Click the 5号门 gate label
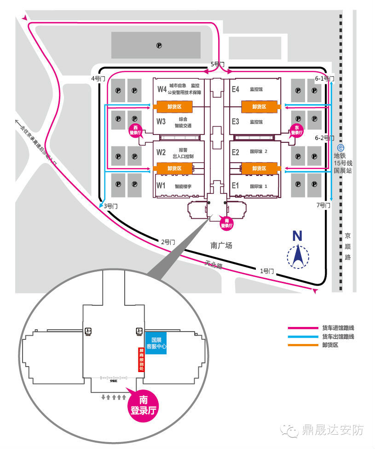[218, 64]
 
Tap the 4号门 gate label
[98, 79]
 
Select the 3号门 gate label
[110, 206]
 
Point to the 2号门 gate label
[168, 242]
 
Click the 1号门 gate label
[267, 271]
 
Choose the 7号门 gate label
[323, 205]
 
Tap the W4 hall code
[162, 89]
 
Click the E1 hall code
[236, 186]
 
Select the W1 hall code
[161, 186]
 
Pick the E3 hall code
[236, 122]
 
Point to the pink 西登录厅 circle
[135, 130]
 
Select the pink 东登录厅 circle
[297, 130]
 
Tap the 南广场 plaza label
[222, 245]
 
